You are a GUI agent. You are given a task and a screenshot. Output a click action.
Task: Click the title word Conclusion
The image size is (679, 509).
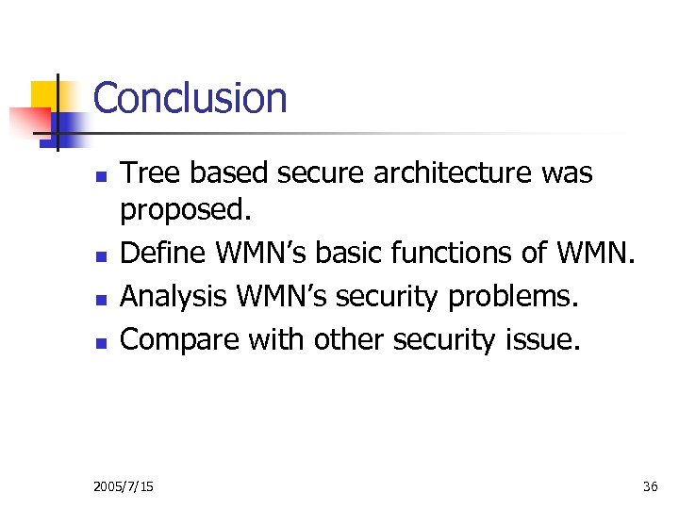190,98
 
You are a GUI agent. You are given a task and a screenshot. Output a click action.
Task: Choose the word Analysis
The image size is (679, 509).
175,297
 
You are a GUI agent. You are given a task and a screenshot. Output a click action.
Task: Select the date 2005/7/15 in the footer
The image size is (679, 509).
124,486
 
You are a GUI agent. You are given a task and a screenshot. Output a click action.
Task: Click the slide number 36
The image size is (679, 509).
650,486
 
